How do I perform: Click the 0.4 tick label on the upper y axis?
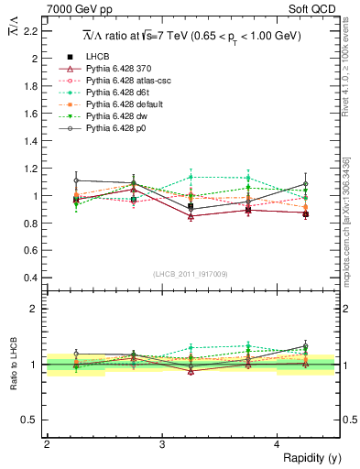pyautogui.click(x=29, y=278)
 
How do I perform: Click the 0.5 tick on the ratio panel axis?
pyautogui.click(x=29, y=420)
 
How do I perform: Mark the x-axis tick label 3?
pyautogui.click(x=162, y=444)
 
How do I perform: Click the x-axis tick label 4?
pyautogui.click(x=278, y=444)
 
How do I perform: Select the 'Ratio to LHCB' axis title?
pyautogui.click(x=12, y=365)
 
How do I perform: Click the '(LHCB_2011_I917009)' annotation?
pyautogui.click(x=190, y=273)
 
